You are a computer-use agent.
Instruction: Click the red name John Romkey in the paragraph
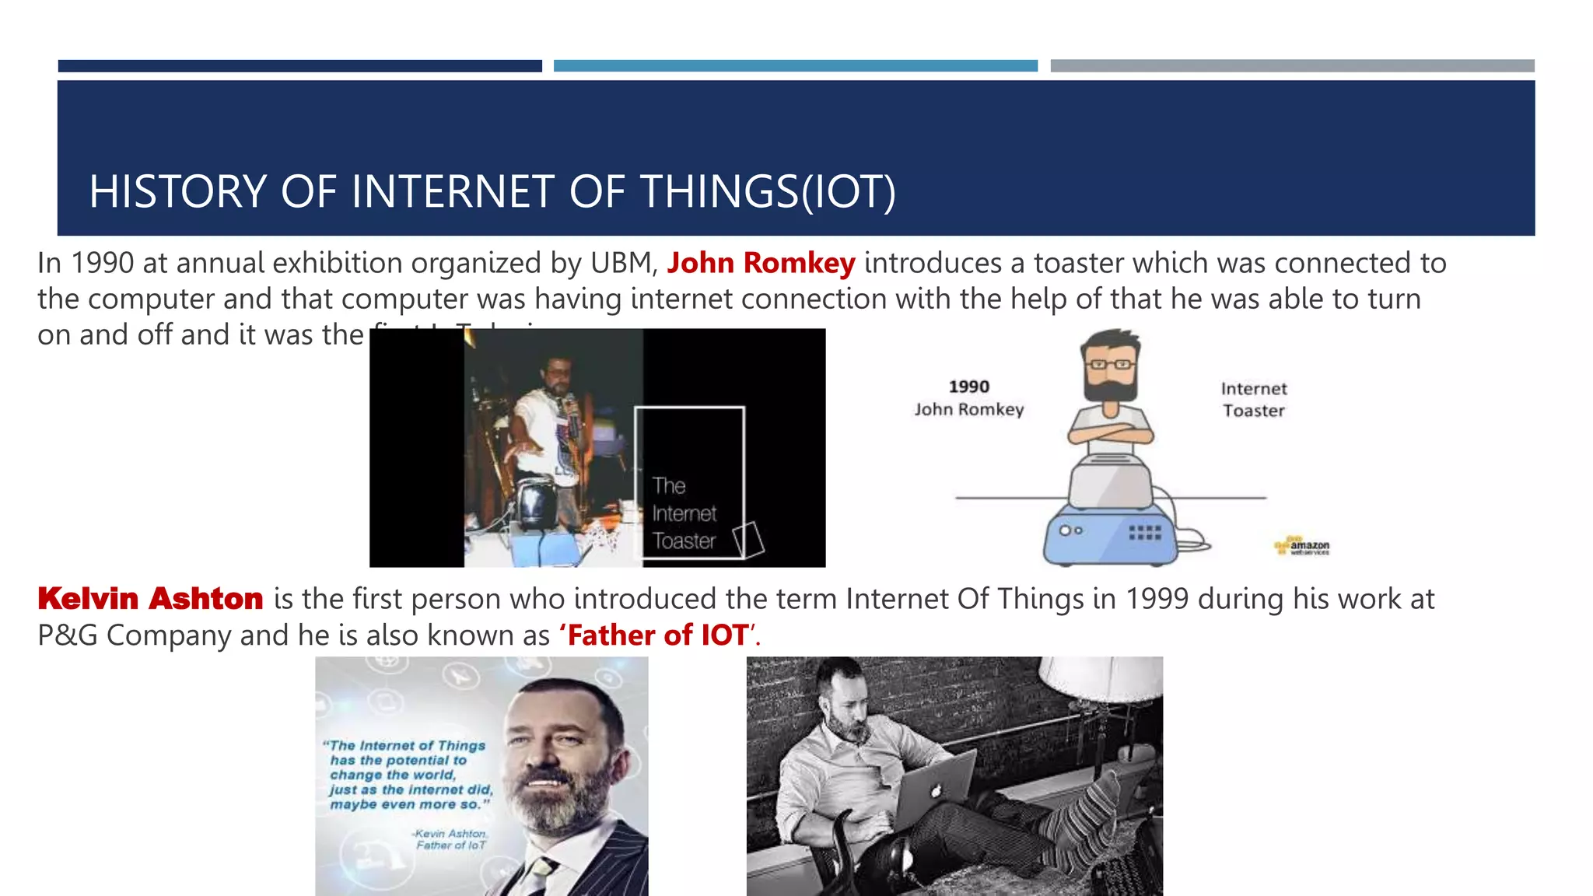[760, 263]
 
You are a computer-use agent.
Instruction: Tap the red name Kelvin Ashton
[150, 599]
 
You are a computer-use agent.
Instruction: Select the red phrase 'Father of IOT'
[658, 635]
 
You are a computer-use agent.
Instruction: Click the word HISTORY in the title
[177, 192]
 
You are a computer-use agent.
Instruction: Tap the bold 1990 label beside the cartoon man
[968, 387]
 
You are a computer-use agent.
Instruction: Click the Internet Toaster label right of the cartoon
[1253, 399]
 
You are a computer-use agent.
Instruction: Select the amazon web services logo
[1303, 546]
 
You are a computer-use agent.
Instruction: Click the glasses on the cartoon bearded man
[1111, 364]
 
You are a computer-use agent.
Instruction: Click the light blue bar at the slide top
[795, 66]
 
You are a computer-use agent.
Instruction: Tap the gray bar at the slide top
[1292, 66]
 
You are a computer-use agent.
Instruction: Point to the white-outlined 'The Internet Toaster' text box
[689, 482]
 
